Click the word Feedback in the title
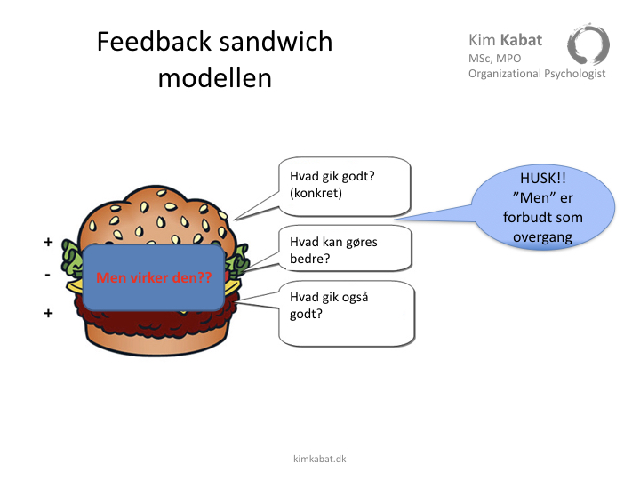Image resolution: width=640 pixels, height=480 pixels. [155, 41]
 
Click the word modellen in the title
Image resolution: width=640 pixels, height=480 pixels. [215, 78]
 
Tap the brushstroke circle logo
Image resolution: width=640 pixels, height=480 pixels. [588, 44]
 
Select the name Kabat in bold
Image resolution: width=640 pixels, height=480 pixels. [521, 40]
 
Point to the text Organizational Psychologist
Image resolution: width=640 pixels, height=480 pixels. [537, 74]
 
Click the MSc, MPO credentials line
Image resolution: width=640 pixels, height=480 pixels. [495, 59]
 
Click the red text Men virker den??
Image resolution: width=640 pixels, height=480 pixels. [154, 277]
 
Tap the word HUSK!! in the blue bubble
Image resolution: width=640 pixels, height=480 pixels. [543, 179]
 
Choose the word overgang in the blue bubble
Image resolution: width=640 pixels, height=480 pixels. [542, 237]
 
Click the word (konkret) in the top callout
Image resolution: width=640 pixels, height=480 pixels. [316, 193]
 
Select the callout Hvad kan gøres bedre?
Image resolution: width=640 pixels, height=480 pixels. [345, 249]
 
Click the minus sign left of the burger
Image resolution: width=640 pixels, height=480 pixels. [48, 275]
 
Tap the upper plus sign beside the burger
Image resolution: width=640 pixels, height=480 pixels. [48, 242]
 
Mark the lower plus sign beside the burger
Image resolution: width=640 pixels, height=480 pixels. [48, 313]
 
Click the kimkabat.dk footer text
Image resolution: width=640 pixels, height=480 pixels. [320, 459]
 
